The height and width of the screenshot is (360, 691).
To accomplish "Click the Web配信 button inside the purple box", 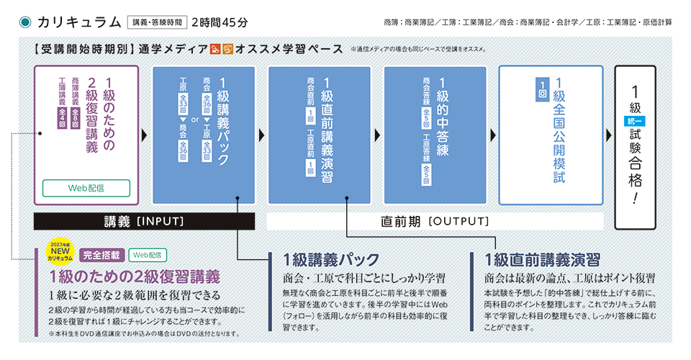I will click(86, 188).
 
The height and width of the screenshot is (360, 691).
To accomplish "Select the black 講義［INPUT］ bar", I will click(145, 221).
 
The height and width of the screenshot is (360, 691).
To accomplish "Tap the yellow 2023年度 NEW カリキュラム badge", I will click(60, 253).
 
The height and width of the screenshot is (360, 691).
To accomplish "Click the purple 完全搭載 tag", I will click(101, 254).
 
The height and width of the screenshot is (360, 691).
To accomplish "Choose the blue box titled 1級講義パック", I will click(204, 135).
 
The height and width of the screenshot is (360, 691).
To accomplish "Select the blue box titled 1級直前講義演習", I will click(319, 135).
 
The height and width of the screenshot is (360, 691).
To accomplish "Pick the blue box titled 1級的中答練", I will click(434, 135).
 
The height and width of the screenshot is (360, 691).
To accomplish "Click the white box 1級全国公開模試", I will click(551, 135).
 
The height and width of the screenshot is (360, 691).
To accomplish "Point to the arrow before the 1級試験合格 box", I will click(606, 135).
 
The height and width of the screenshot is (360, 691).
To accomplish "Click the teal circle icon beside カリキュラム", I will click(25, 21).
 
